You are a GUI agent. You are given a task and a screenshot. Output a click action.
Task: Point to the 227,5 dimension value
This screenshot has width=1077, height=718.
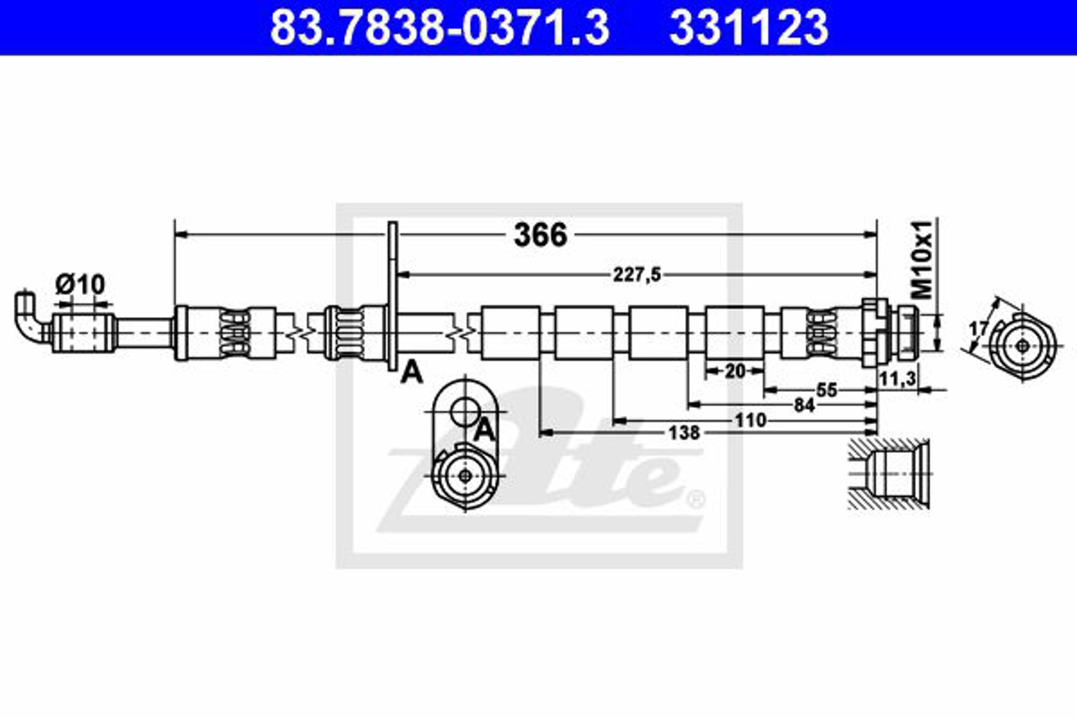pyautogui.click(x=637, y=275)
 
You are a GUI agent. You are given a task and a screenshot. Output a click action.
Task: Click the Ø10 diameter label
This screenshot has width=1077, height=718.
pyautogui.click(x=80, y=285)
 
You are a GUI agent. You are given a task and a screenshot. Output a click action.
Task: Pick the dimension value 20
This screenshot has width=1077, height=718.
pyautogui.click(x=735, y=372)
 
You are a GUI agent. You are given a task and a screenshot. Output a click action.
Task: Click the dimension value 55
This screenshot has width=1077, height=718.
pyautogui.click(x=827, y=390)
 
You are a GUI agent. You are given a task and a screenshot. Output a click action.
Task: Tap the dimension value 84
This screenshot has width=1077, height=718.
pyautogui.click(x=804, y=405)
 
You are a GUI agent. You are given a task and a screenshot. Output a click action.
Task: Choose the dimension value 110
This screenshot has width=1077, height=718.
pyautogui.click(x=750, y=420)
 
